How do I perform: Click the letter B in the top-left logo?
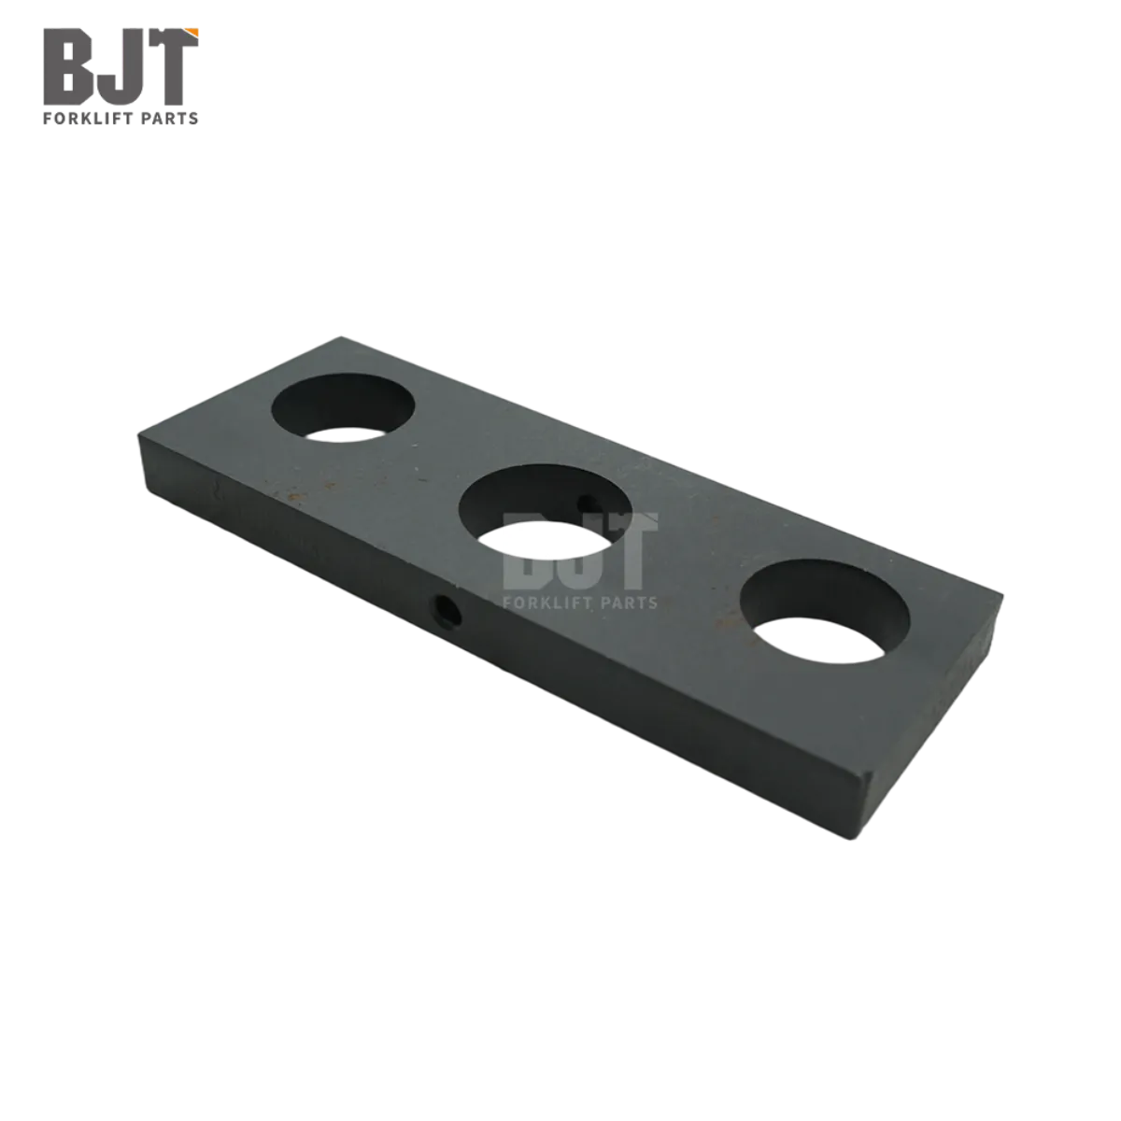click(x=66, y=67)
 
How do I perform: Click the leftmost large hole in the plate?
click(x=343, y=408)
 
